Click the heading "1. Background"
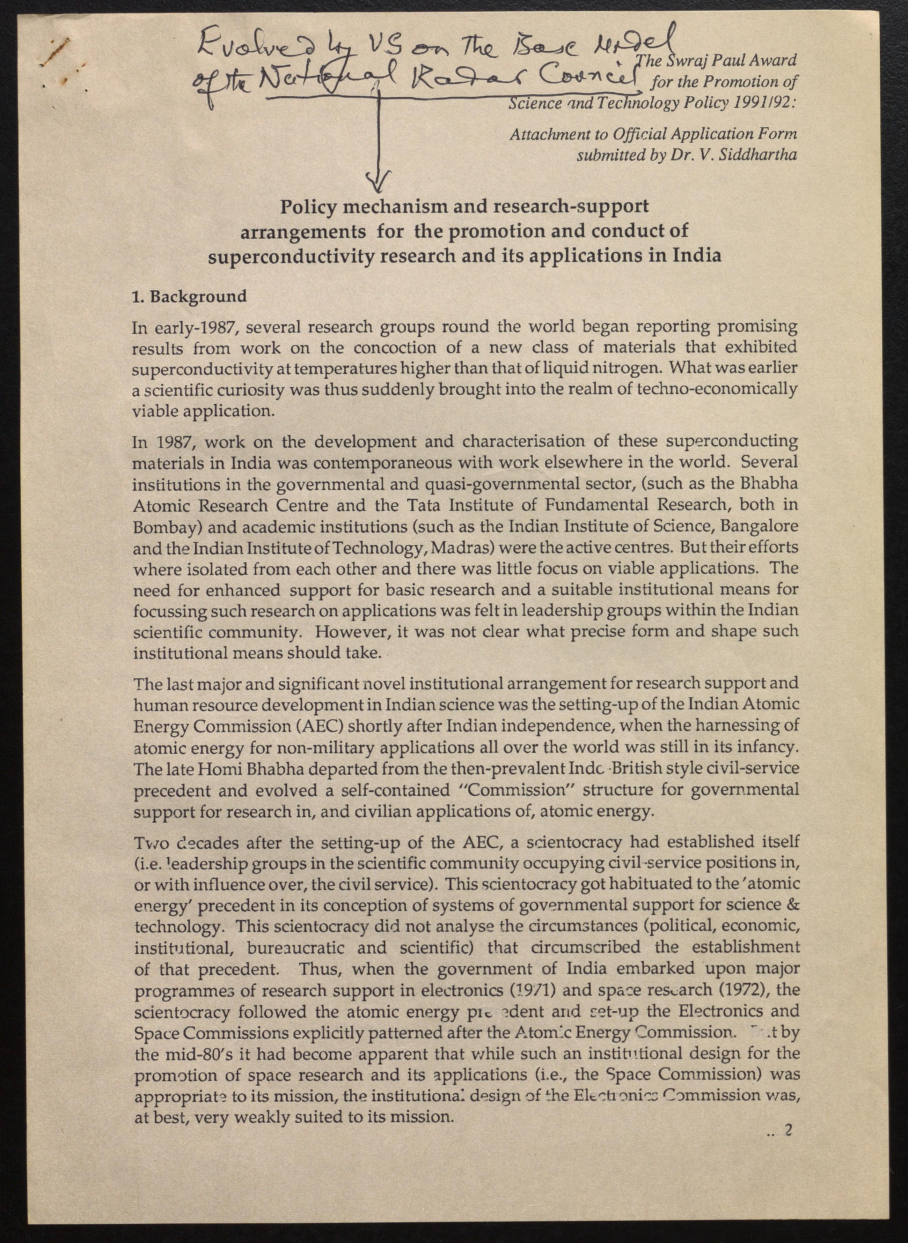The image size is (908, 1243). pyautogui.click(x=189, y=297)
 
